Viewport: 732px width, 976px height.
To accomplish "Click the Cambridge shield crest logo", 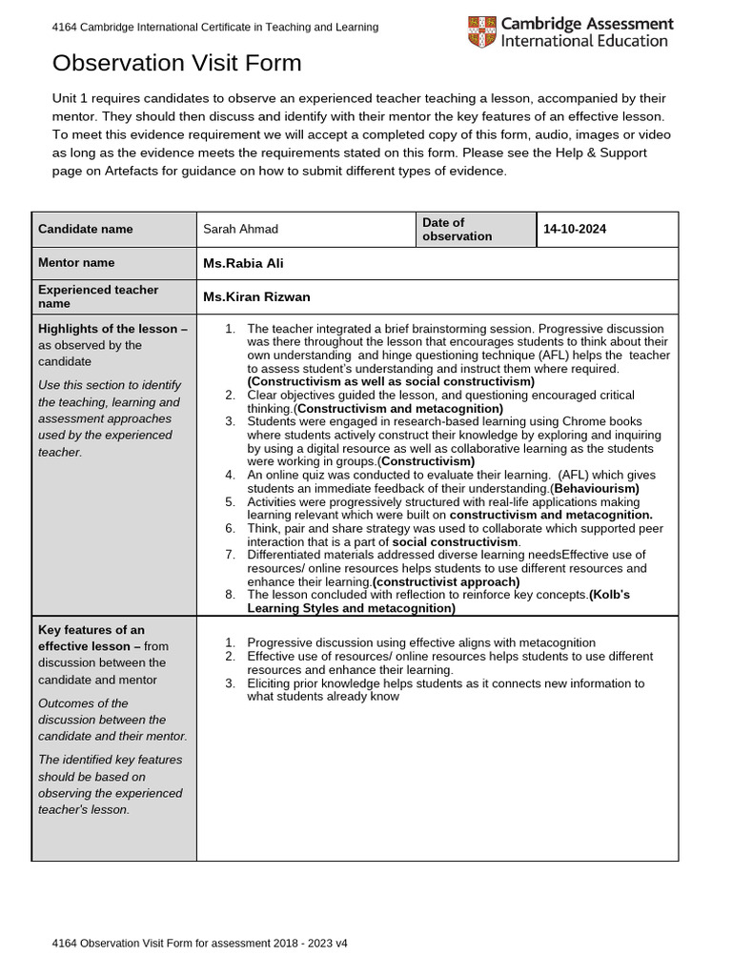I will tap(481, 31).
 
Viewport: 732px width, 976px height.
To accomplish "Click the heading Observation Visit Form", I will tap(176, 64).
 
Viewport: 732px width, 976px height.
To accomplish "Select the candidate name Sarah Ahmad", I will tap(241, 229).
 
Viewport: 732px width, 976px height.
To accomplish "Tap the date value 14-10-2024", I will tap(575, 229).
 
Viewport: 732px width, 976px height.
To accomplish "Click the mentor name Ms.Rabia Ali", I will tap(243, 263).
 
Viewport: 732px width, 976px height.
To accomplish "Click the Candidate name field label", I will tap(86, 229).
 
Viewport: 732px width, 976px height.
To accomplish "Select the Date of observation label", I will tap(457, 229).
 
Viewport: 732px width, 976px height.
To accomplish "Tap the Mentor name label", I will tap(76, 262).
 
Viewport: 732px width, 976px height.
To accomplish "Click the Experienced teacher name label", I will tap(98, 296).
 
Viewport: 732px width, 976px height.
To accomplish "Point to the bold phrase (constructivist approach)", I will tap(446, 581).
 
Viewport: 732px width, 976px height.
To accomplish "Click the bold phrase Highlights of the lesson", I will tap(108, 329).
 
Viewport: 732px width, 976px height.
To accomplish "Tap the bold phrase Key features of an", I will tap(91, 629).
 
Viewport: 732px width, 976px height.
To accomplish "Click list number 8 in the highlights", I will tap(230, 595).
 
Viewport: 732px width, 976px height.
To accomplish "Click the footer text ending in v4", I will tap(200, 943).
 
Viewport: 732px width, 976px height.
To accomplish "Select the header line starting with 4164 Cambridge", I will tap(215, 28).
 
